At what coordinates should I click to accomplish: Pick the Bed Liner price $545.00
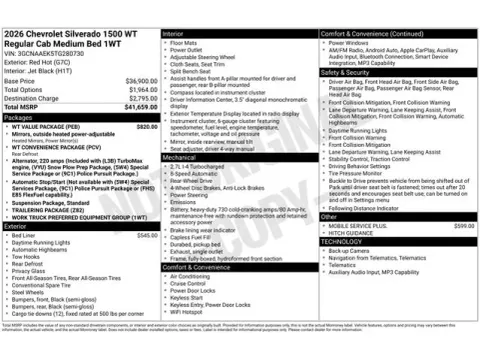coord(147,235)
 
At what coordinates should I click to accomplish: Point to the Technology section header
coord(341,241)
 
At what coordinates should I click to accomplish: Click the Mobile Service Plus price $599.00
coord(463,226)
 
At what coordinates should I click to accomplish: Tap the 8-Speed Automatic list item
coord(195,174)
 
